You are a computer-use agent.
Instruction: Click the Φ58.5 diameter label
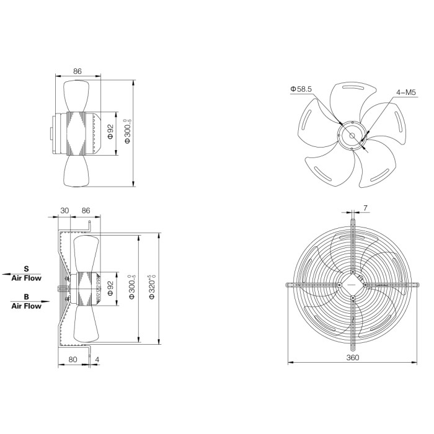pos(301,89)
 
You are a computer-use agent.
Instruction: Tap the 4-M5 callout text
pos(406,92)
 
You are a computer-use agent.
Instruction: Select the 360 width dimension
pos(353,358)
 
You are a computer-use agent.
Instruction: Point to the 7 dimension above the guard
pos(365,208)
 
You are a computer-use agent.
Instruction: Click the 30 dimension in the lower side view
pos(64,211)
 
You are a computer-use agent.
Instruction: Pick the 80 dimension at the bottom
pos(73,360)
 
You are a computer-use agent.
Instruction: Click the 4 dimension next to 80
pos(97,360)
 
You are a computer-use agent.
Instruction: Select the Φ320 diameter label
pos(153,287)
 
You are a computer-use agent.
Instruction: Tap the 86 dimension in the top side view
pos(77,71)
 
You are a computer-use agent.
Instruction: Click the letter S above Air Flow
pos(26,268)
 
